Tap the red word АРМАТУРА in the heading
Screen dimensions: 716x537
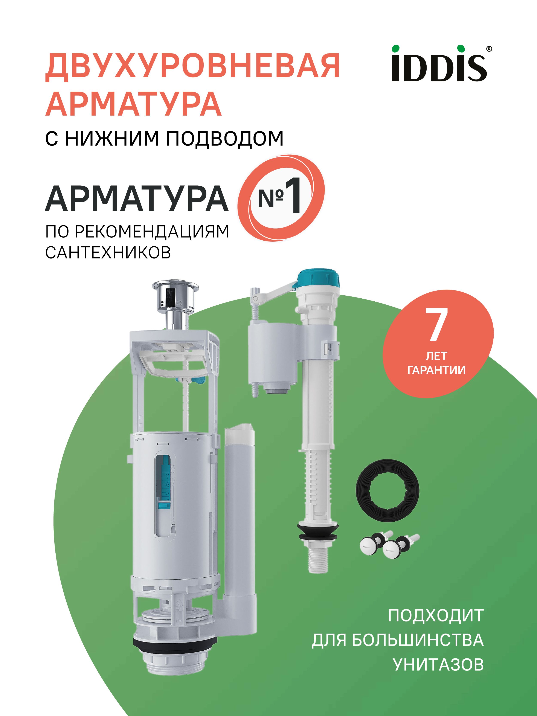[x=133, y=104]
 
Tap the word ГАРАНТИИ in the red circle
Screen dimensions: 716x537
[x=436, y=370]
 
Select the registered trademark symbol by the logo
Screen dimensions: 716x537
[x=489, y=49]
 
